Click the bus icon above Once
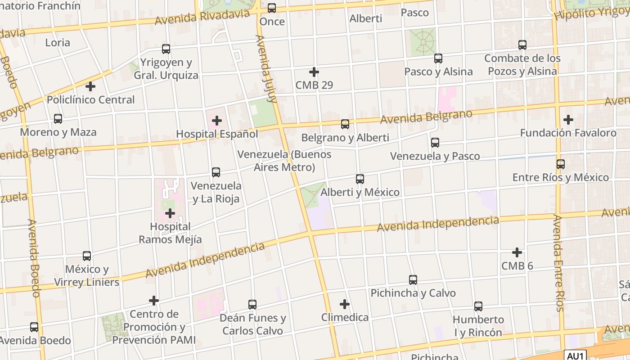(x=272, y=8)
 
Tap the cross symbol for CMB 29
(x=314, y=72)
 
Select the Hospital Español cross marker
(x=217, y=121)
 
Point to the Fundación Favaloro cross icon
(x=568, y=120)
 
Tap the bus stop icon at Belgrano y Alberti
(x=345, y=124)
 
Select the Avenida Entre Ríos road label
(x=558, y=263)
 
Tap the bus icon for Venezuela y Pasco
(x=435, y=143)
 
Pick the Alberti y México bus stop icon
(x=360, y=179)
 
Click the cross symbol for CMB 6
(x=517, y=252)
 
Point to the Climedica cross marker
(x=345, y=304)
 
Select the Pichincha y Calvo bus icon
(x=413, y=280)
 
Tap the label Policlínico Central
(x=91, y=100)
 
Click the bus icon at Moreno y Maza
(x=58, y=119)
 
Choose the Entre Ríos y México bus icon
(x=561, y=164)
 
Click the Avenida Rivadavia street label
(x=202, y=17)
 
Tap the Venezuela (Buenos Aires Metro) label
(x=284, y=161)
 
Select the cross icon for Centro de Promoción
(x=154, y=300)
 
